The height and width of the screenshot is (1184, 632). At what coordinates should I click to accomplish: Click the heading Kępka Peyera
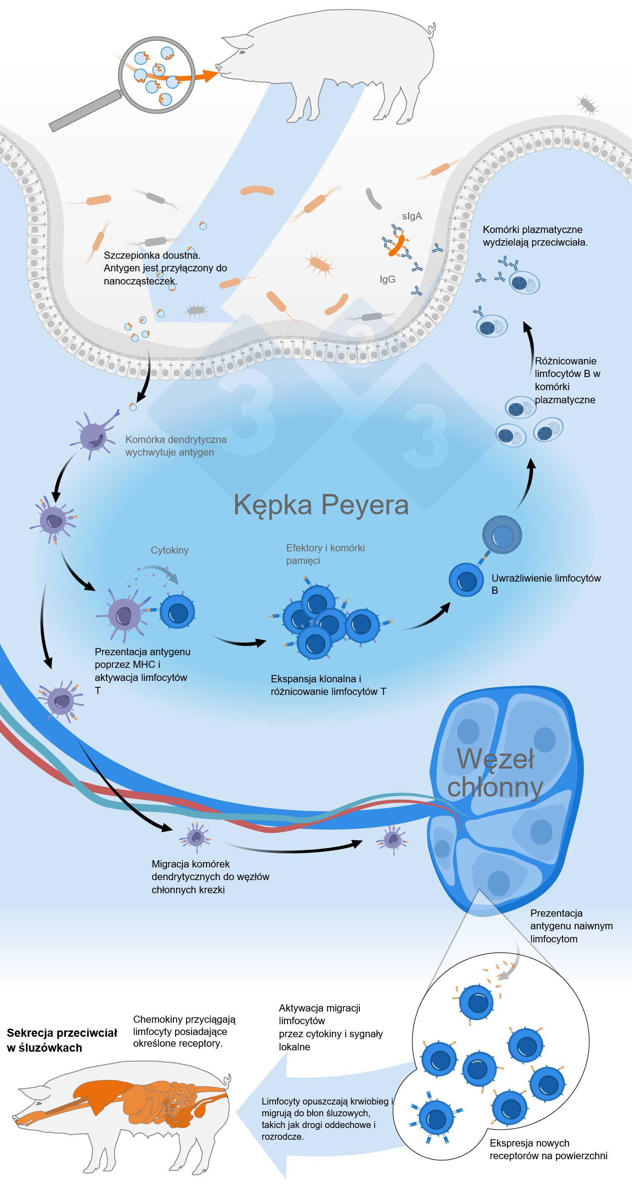click(x=321, y=505)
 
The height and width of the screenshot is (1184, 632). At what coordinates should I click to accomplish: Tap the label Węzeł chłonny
click(x=495, y=773)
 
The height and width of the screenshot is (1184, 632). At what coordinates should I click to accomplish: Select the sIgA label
click(x=411, y=216)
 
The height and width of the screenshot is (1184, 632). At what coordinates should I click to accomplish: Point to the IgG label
click(x=387, y=279)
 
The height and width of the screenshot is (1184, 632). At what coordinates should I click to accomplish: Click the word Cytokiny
click(x=170, y=550)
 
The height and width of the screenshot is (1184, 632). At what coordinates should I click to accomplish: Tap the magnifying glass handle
click(x=85, y=111)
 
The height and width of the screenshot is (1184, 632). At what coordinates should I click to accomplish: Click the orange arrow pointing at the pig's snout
click(x=202, y=76)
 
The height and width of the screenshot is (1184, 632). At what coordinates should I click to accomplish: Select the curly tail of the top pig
click(x=431, y=30)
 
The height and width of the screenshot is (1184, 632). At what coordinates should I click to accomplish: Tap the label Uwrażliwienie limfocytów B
click(x=546, y=584)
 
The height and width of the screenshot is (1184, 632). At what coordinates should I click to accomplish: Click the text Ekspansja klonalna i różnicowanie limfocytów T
click(x=328, y=685)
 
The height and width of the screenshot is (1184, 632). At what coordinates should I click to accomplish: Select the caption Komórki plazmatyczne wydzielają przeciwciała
click(x=534, y=236)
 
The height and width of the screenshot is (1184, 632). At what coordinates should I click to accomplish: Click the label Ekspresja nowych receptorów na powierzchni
click(x=548, y=1149)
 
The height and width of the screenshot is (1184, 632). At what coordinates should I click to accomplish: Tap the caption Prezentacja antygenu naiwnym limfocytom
click(x=571, y=926)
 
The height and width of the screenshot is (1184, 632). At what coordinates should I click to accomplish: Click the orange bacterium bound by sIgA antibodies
click(x=396, y=246)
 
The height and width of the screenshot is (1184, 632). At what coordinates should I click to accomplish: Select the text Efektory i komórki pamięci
click(x=325, y=554)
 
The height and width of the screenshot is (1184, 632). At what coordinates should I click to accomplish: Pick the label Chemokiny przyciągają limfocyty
click(x=184, y=1031)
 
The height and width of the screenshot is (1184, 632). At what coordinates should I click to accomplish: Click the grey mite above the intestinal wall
click(x=587, y=105)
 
